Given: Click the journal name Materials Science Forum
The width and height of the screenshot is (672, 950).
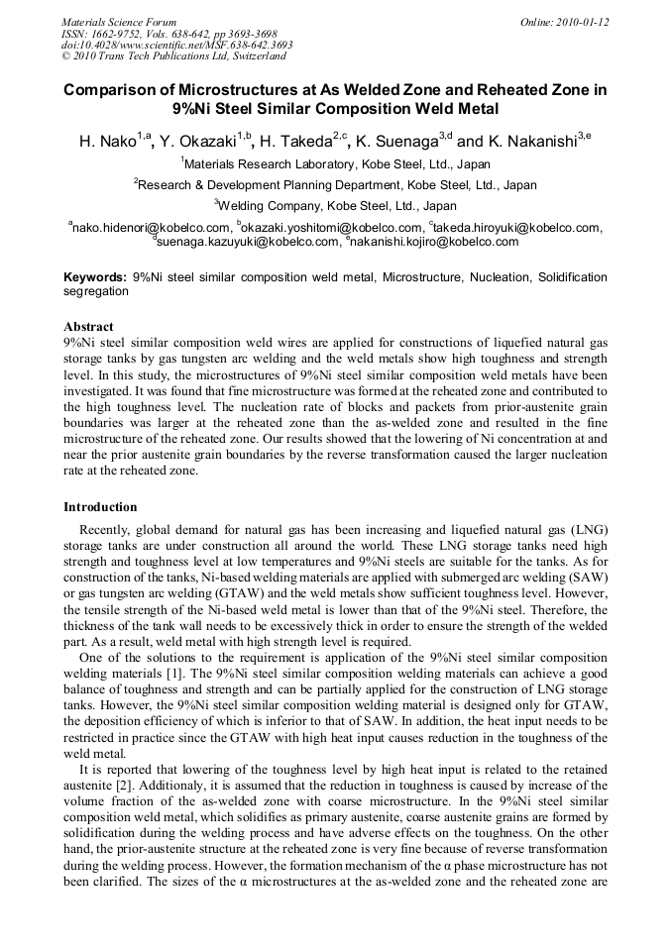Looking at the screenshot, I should pyautogui.click(x=119, y=21).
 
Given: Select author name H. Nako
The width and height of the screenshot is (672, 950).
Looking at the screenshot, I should pyautogui.click(x=107, y=142).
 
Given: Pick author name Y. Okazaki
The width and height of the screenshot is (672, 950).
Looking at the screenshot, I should pyautogui.click(x=196, y=142).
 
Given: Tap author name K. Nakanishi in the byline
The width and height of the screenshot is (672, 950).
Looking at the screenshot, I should pyautogui.click(x=531, y=142).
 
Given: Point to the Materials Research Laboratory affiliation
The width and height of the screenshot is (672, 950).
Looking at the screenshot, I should pyautogui.click(x=337, y=163).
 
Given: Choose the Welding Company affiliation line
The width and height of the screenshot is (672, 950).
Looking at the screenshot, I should pyautogui.click(x=337, y=206).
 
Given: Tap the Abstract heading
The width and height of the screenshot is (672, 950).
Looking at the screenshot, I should pyautogui.click(x=88, y=326).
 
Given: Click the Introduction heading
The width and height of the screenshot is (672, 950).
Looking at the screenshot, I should pyautogui.click(x=100, y=506).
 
